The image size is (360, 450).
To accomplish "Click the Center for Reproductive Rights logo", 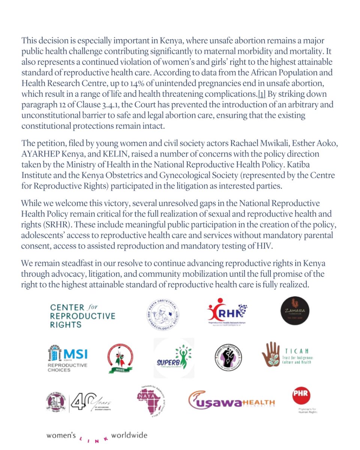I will point(82,316).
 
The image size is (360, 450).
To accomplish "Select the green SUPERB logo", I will point(174,358).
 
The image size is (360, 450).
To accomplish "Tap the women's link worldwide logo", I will point(96,436).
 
